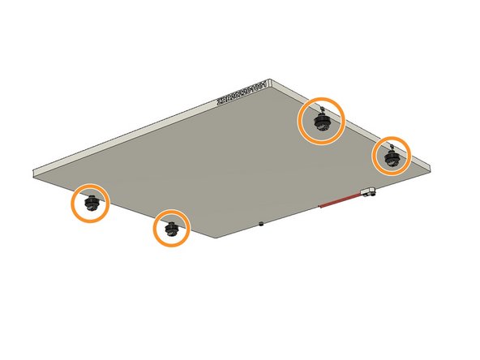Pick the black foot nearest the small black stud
coord(172,229)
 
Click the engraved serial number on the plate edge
coord(246,92)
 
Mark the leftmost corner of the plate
coord(33,174)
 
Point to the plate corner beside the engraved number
coord(276,82)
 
